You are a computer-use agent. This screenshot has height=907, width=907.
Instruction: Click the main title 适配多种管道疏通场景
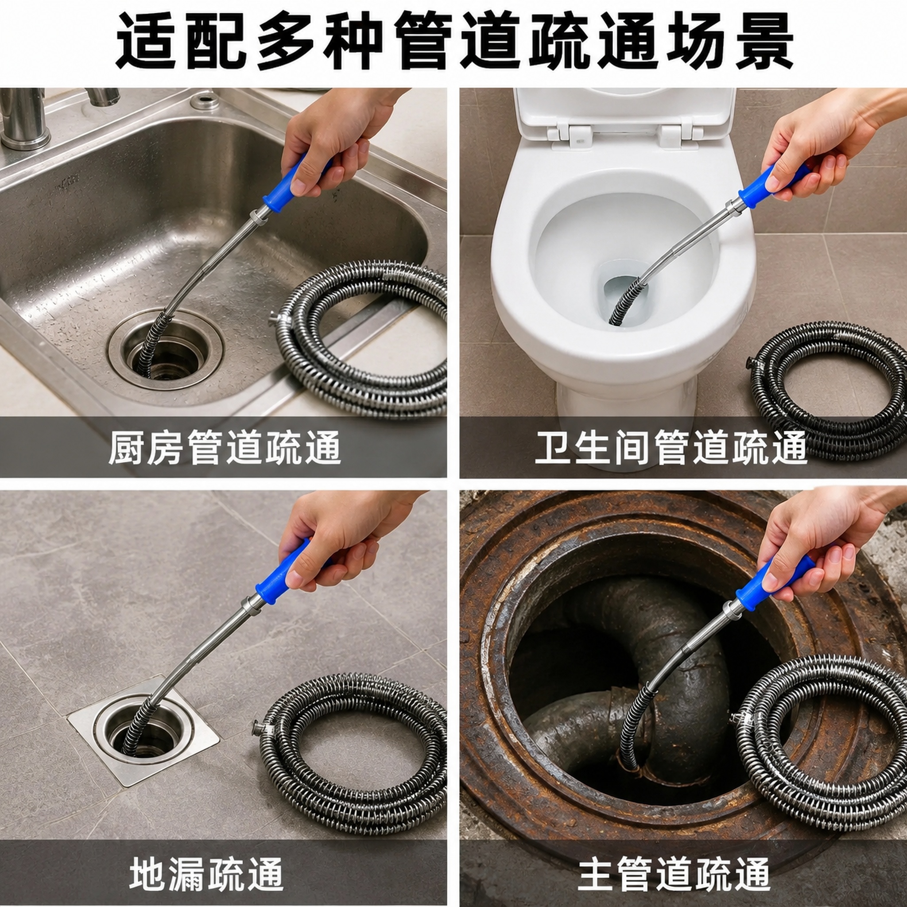click(x=453, y=41)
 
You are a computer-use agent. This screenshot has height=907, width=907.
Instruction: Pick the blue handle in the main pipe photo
click(x=770, y=582)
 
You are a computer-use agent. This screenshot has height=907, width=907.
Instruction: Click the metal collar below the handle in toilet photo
click(x=733, y=205)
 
